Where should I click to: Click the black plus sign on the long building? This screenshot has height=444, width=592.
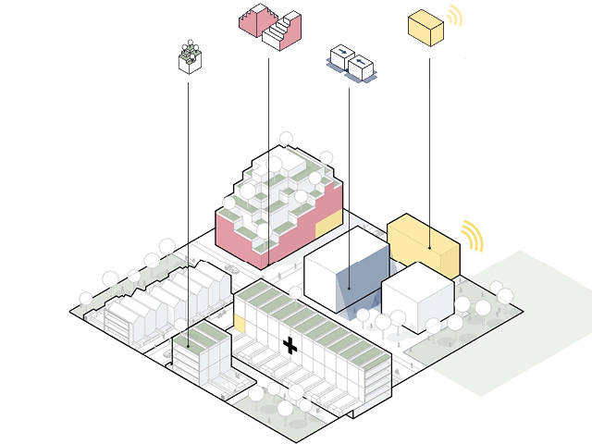[290, 347]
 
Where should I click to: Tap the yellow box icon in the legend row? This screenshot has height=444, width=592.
[425, 27]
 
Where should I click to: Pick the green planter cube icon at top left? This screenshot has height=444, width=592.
[190, 57]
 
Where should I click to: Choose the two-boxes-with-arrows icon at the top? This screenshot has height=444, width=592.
[351, 63]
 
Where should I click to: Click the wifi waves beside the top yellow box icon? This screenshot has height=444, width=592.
[454, 17]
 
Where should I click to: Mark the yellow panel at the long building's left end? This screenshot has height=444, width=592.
[239, 324]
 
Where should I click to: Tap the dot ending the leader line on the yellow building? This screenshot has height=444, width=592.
[429, 249]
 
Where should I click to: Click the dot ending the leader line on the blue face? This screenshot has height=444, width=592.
[349, 289]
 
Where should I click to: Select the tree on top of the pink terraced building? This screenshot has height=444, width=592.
[286, 139]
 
